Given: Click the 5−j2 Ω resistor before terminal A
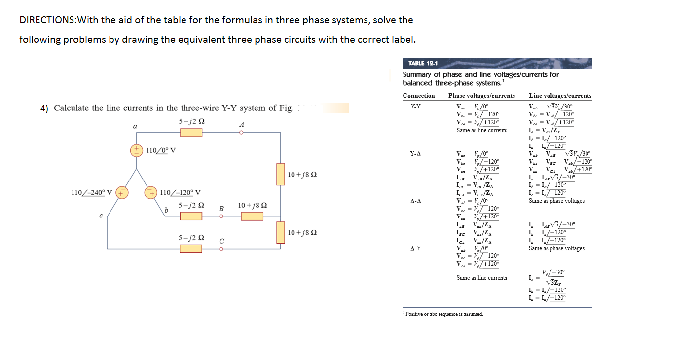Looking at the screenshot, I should pos(190,133).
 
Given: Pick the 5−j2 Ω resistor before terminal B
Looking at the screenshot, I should pos(190,216).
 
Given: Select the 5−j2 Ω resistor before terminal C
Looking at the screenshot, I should pos(190,249).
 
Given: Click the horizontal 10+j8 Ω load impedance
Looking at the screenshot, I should pos(253,216).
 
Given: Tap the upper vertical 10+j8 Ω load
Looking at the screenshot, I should pos(281,175).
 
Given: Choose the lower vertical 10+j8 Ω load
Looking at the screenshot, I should pos(281,232).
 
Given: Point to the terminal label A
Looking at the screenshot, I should pos(241,125).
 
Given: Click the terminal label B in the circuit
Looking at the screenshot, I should pos(221,209).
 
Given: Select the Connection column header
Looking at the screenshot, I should pos(418,96).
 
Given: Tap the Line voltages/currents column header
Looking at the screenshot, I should pos(560,96).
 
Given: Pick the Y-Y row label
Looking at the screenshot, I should pos(416,106).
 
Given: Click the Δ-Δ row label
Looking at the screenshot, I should pos(416,201).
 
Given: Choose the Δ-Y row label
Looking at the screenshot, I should pos(416,248).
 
